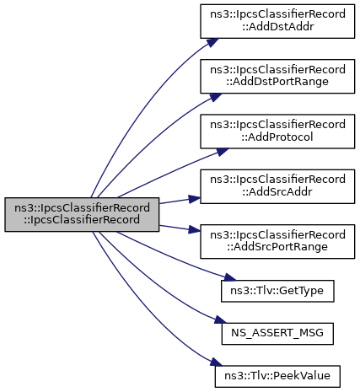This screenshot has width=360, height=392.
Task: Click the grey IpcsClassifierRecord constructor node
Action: [x=82, y=214]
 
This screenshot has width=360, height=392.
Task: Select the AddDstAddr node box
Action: [x=277, y=21]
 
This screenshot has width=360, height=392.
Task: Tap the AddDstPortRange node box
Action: [x=277, y=76]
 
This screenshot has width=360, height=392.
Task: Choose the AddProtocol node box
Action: [x=277, y=132]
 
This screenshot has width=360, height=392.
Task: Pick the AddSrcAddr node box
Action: [x=277, y=186]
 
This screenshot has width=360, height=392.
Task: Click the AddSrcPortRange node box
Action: [x=277, y=241]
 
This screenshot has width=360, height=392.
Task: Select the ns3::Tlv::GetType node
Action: [x=277, y=291]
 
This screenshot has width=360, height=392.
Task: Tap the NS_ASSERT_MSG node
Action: [x=277, y=334]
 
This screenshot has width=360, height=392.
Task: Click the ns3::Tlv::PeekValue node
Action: [x=277, y=376]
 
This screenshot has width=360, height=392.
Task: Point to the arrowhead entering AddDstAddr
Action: [x=212, y=42]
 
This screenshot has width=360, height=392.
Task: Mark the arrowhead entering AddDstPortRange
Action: [x=215, y=97]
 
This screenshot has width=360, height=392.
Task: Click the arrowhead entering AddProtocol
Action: [x=223, y=152]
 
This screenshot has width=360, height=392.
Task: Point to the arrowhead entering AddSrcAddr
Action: [x=195, y=199]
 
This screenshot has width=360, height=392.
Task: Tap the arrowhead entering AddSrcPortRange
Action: [x=195, y=229]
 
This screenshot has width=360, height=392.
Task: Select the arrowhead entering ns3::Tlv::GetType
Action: [x=230, y=277]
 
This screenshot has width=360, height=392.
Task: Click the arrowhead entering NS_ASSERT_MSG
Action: [x=221, y=320]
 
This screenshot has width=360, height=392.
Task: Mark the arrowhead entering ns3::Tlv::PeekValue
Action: [x=216, y=362]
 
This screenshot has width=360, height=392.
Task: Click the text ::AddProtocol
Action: [x=277, y=137]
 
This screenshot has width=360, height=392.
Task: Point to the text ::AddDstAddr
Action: [x=277, y=27]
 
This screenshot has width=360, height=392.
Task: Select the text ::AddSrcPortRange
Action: [x=277, y=247]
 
